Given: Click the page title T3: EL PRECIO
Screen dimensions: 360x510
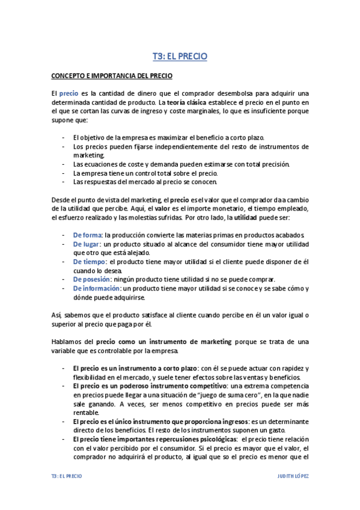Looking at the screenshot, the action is [180, 57].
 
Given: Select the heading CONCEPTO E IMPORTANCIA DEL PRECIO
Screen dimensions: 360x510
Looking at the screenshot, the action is [111, 76].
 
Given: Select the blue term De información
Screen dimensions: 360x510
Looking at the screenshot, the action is [96, 288].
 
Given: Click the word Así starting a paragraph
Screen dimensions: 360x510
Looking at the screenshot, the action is [56, 315].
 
